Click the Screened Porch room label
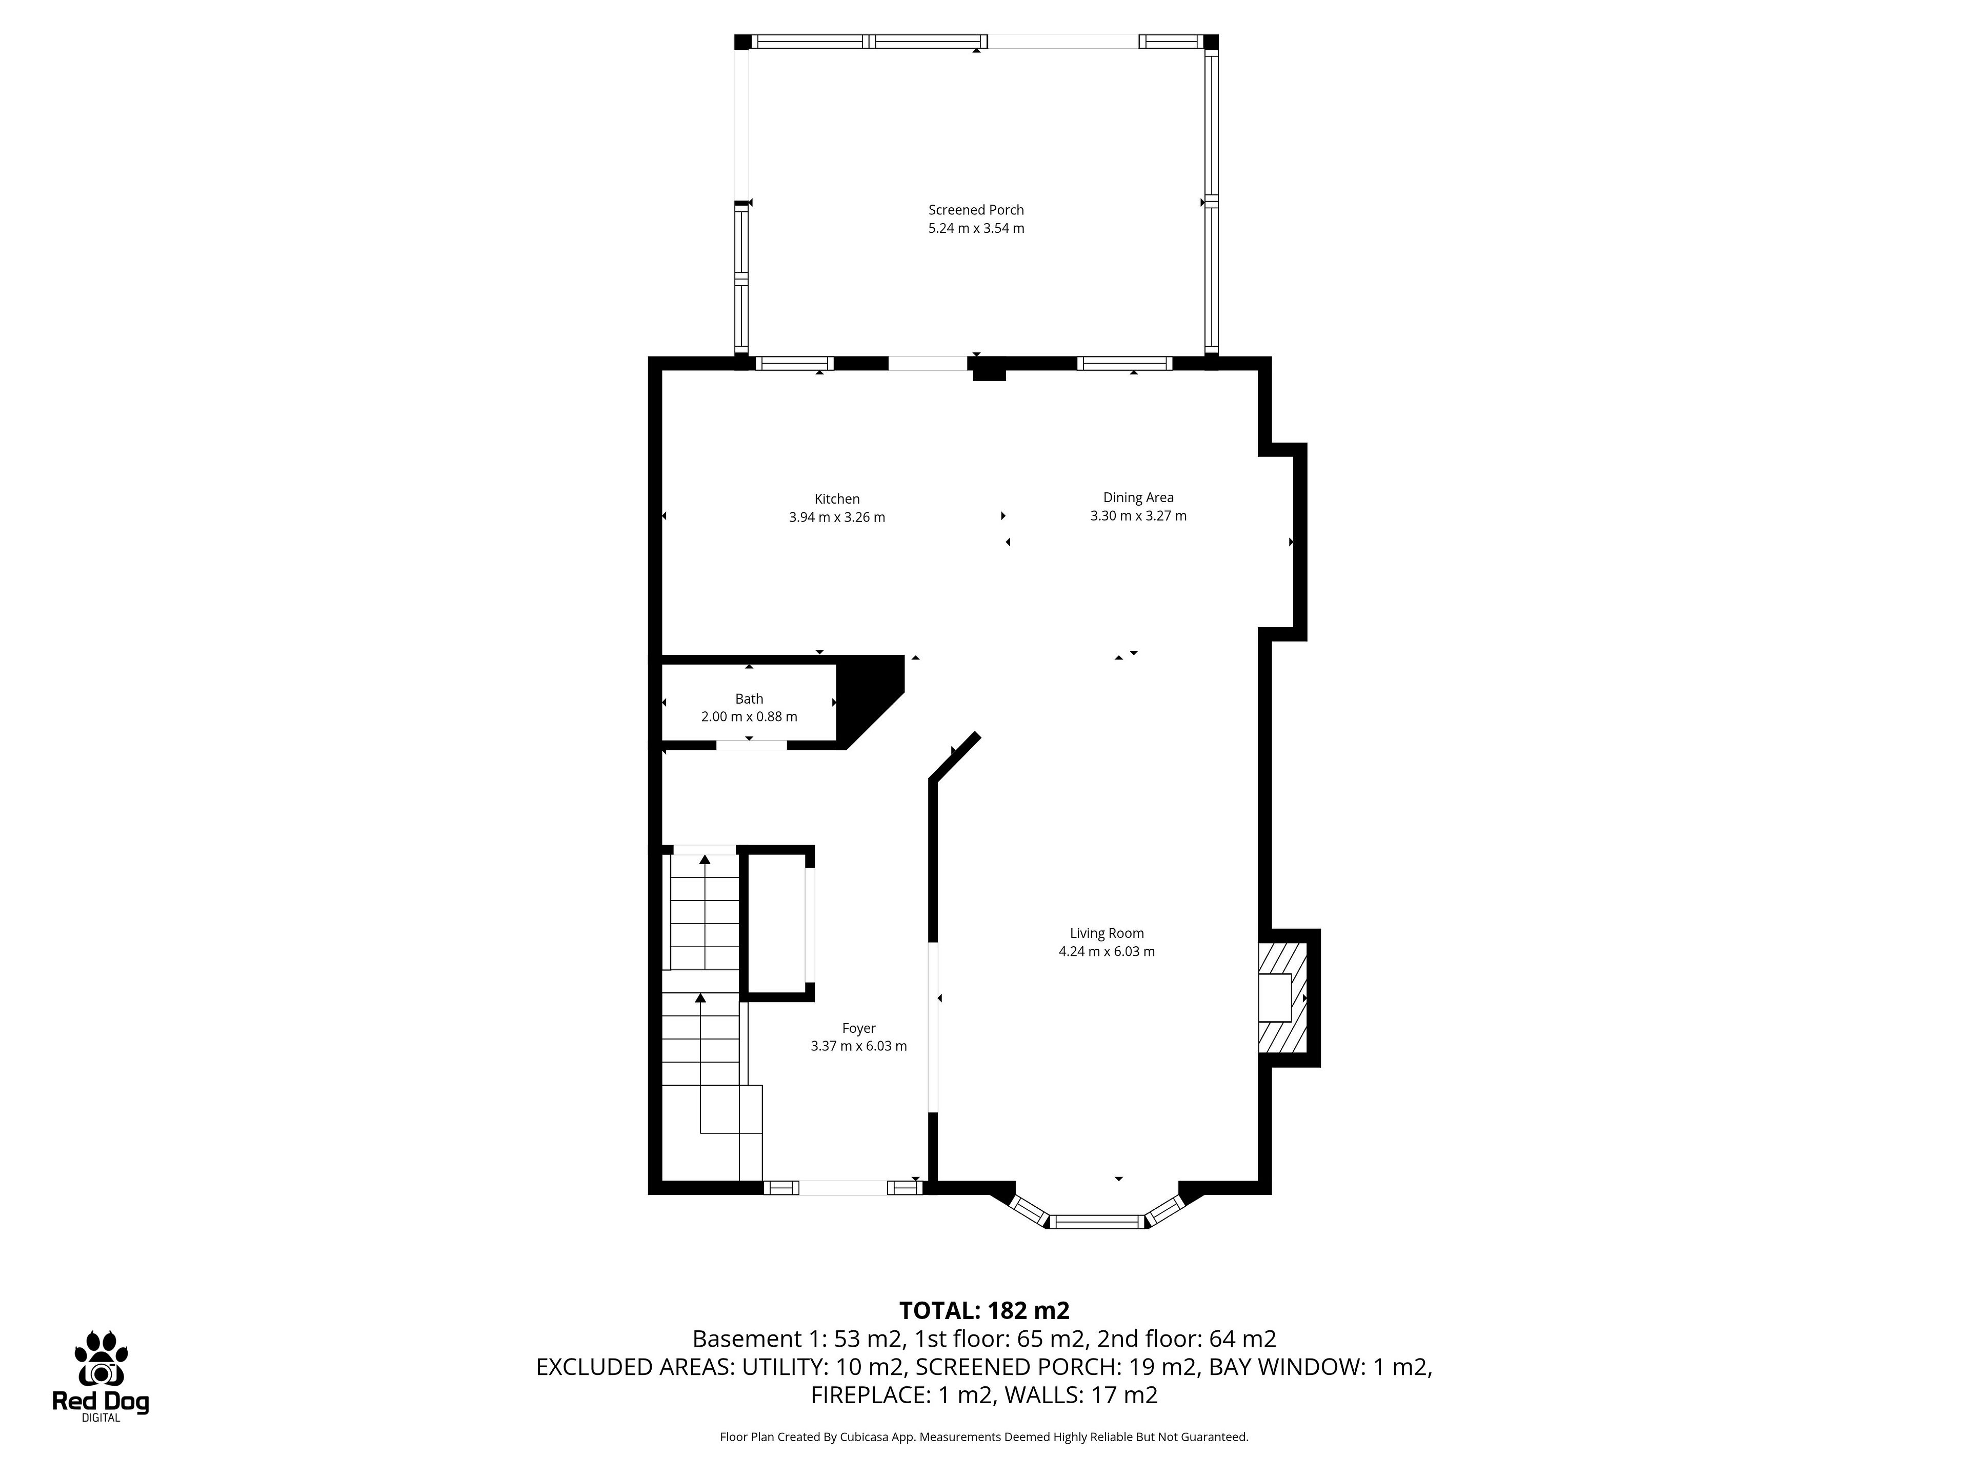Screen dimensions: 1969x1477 pos(976,210)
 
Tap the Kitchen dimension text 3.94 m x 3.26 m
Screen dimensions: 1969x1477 pos(837,517)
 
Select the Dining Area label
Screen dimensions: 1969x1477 pos(1138,497)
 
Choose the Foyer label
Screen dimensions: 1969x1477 pos(859,1028)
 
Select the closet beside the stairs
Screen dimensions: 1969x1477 pos(777,923)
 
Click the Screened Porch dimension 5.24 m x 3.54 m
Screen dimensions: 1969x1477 pos(976,228)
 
